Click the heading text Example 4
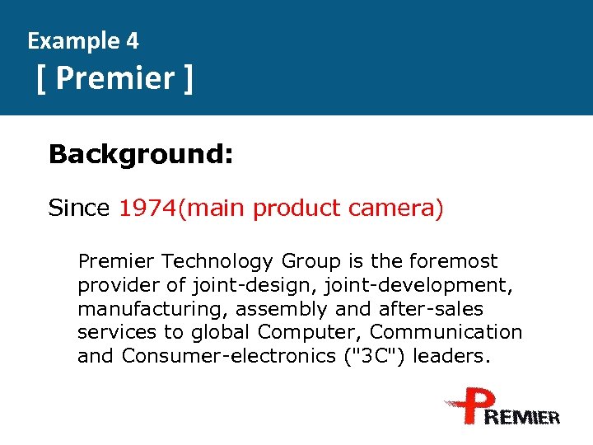(x=83, y=40)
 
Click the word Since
(x=78, y=208)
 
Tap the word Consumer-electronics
(x=224, y=356)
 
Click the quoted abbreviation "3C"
(x=364, y=356)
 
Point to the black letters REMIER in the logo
(x=524, y=417)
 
